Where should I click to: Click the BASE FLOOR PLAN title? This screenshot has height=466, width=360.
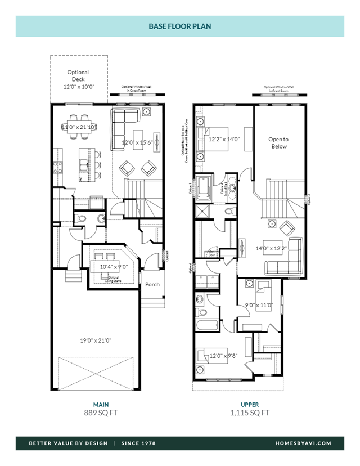point(180,26)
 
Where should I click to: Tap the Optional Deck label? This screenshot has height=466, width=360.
point(78,79)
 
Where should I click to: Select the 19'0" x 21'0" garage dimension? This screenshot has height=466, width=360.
point(95,340)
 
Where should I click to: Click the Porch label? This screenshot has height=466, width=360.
point(152,284)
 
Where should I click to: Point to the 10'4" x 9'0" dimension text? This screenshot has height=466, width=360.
point(114,267)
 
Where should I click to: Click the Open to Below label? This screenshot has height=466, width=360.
point(278,143)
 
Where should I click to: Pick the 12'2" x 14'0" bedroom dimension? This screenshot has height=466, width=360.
point(224,139)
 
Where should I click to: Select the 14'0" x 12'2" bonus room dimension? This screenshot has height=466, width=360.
point(271,248)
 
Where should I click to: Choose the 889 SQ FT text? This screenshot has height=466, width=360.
point(101,413)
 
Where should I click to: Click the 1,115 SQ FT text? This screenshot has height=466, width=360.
point(250,413)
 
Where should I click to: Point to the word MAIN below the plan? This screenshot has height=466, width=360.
point(101,404)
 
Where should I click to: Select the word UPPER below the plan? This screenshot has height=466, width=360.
point(250,404)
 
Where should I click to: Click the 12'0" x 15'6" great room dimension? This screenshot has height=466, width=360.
point(139,143)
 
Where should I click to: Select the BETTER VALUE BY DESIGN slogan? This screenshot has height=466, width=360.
point(68,443)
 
